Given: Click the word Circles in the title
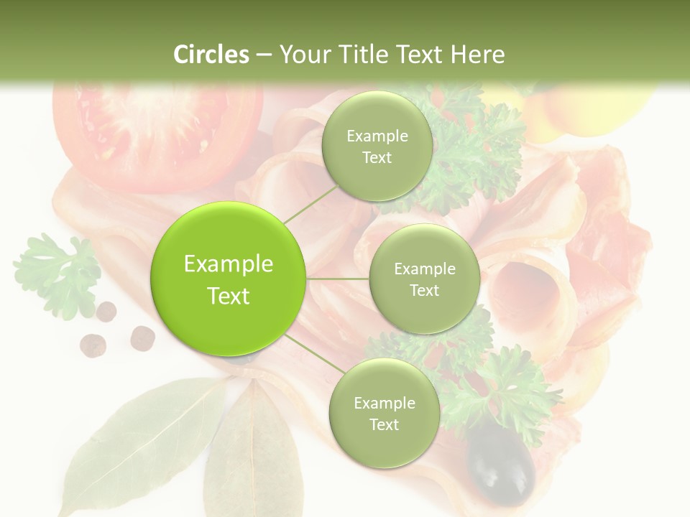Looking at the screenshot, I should pos(211,55).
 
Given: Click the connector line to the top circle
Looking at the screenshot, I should pos(310,203).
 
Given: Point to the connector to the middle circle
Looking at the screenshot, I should pos(338,279).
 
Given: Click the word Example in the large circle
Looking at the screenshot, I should pos(229,264).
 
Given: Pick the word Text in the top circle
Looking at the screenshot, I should pos(377,158).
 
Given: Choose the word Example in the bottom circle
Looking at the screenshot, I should pos(384,404).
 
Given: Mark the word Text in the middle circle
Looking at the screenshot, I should pos(424,291).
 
